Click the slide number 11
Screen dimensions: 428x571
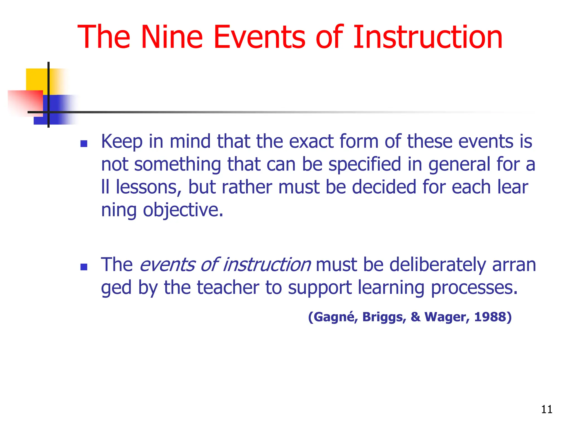[546, 409]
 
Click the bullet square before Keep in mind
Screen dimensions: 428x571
[84, 144]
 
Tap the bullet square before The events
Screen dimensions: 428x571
[84, 267]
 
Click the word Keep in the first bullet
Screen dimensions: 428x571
[122, 142]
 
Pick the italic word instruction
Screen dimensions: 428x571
[267, 265]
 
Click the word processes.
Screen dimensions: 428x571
[474, 288]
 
